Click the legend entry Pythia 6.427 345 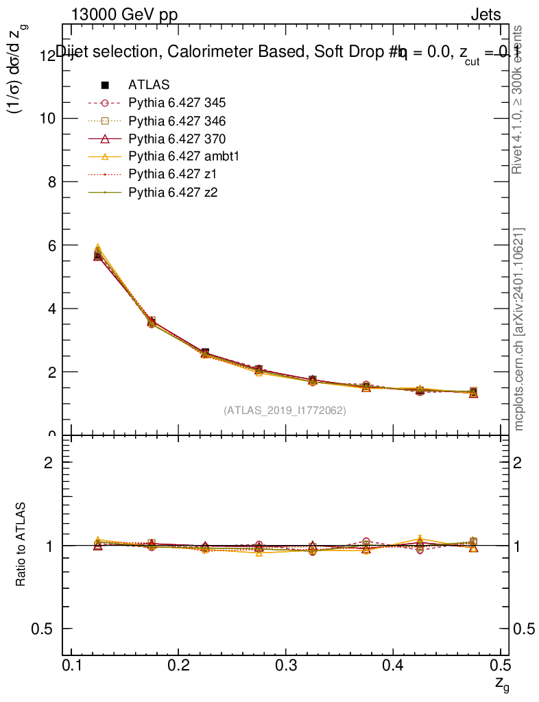(177, 104)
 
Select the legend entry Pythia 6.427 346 (177, 121)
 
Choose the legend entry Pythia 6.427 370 (177, 139)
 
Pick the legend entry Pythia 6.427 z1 (171, 175)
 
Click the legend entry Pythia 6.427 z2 (171, 193)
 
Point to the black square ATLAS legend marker (106, 85)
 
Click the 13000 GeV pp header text (124, 15)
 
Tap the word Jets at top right (486, 15)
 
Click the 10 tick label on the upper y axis (47, 119)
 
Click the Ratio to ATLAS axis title (21, 546)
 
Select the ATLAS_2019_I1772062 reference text (285, 411)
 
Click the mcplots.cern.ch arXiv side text (519, 329)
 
